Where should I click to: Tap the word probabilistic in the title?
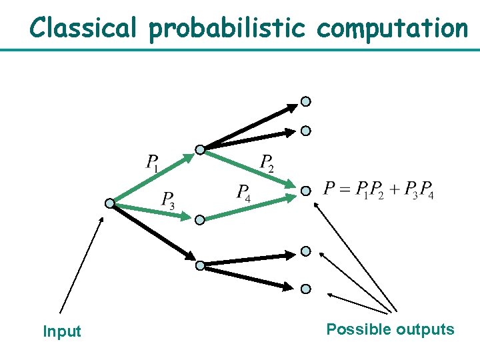[x=227, y=29]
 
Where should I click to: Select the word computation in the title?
[x=393, y=29]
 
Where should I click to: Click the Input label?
[x=61, y=331]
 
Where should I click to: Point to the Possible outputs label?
[x=390, y=329]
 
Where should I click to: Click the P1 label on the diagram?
[x=153, y=163]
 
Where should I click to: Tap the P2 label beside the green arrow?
[x=267, y=163]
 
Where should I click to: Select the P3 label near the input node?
[x=168, y=200]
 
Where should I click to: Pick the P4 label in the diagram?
[x=244, y=193]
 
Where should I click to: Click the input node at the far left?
[x=109, y=203]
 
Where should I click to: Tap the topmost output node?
[x=305, y=102]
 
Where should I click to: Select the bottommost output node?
[x=305, y=289]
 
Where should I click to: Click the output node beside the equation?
[x=305, y=191]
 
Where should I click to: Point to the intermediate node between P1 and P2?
[x=199, y=150]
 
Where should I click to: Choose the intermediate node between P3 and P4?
[x=199, y=219]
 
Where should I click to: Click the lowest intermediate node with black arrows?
[x=199, y=265]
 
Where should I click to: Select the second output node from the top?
[x=305, y=131]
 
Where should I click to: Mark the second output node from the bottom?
[x=305, y=251]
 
